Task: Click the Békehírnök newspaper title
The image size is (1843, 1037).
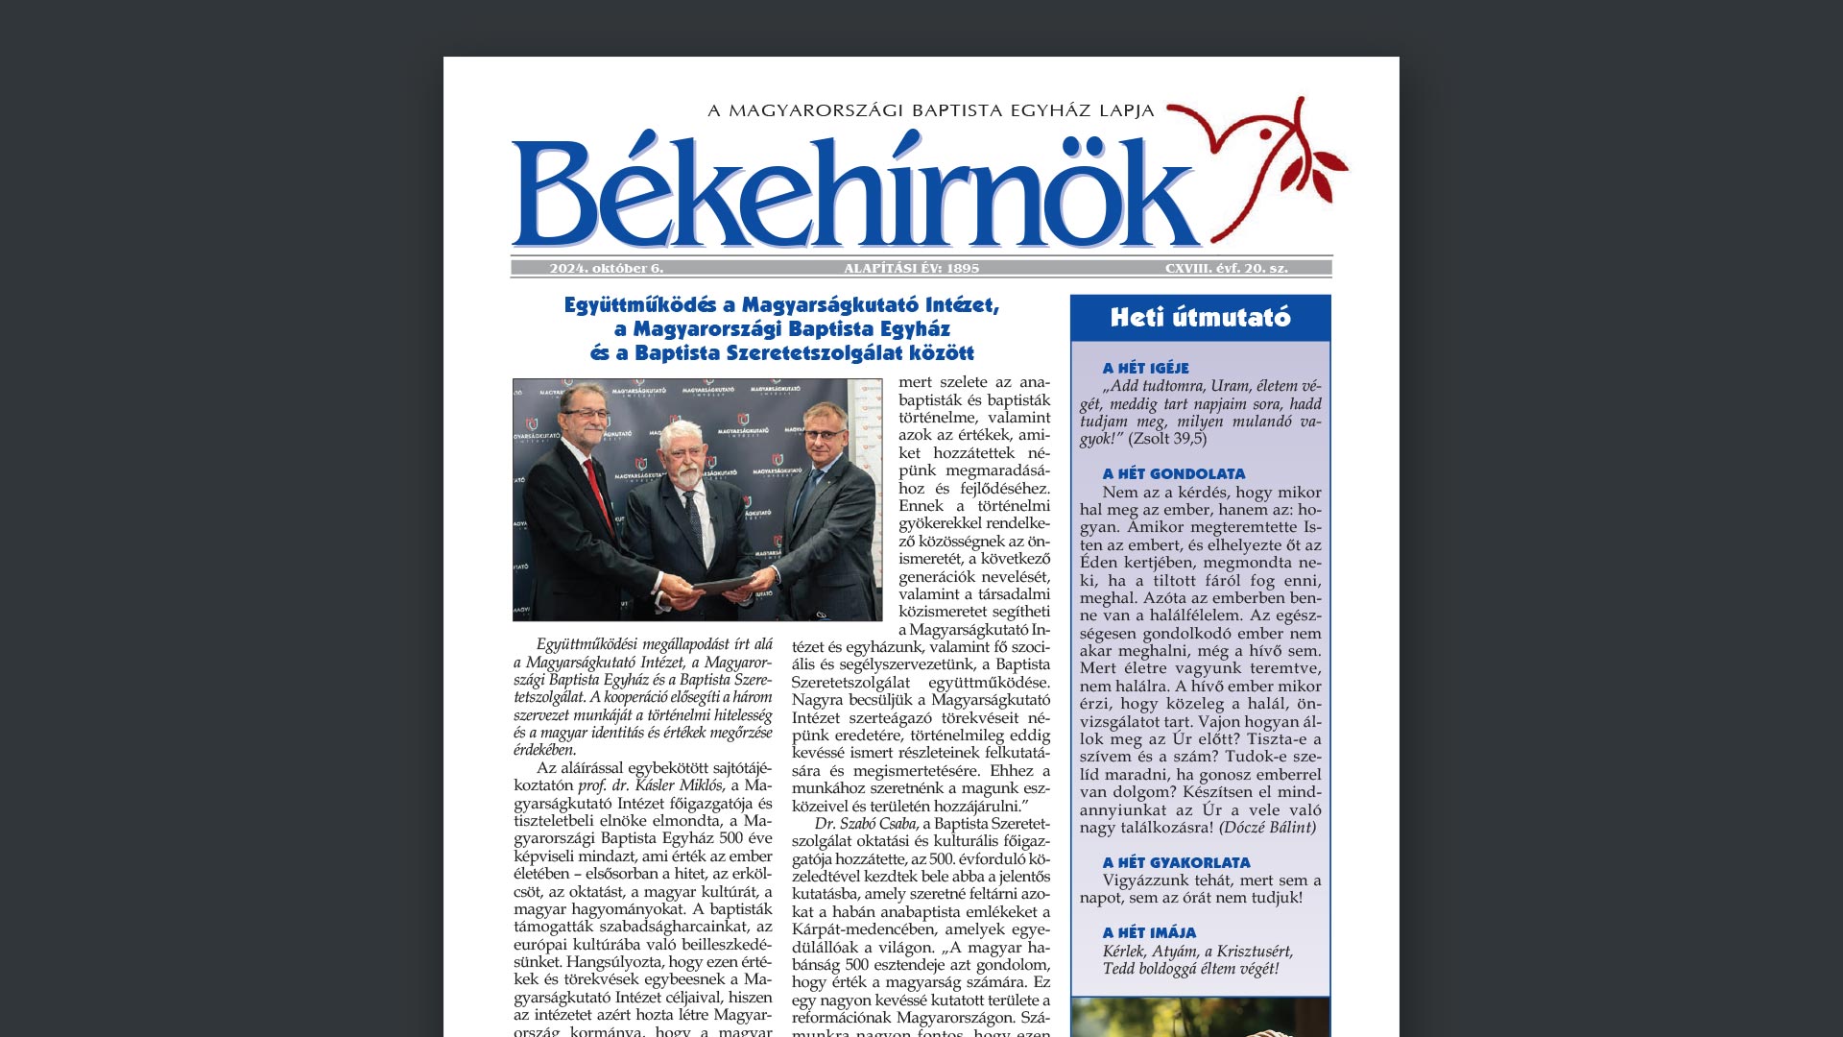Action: pos(854,197)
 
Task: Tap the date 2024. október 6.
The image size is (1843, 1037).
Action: pos(606,269)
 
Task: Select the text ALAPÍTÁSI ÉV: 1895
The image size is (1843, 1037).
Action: pos(911,269)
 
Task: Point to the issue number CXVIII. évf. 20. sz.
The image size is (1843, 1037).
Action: pos(1226,269)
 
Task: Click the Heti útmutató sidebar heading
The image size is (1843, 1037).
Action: pos(1200,318)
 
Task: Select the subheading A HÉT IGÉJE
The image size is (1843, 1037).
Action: pos(1145,368)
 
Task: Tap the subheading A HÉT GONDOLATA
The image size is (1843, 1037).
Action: pos(1173,473)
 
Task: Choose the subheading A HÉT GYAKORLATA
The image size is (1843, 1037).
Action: pos(1176,862)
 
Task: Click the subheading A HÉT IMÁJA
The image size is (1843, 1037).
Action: pos(1149,932)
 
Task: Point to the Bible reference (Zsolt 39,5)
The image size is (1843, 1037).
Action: pos(1167,439)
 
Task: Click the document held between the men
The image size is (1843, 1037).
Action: pos(725,583)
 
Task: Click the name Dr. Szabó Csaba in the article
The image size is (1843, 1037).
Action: pos(866,823)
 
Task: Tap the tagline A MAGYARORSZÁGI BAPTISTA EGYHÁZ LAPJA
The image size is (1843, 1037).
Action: pos(930,110)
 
